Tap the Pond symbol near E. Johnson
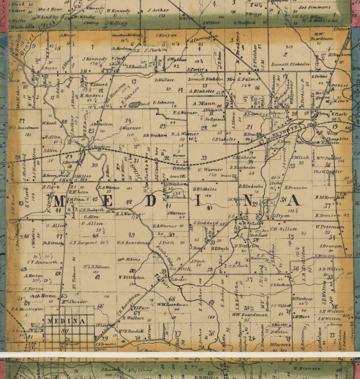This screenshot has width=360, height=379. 134,104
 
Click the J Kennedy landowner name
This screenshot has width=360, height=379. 95,59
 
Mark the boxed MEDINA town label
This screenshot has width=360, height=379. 66,321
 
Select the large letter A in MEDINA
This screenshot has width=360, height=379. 294,200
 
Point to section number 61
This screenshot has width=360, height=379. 97,277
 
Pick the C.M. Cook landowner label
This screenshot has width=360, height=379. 300,158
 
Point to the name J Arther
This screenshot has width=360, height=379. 158,10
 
